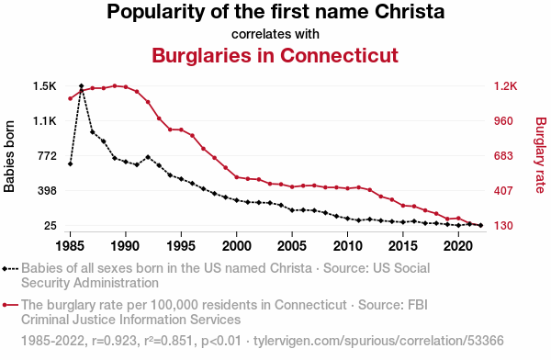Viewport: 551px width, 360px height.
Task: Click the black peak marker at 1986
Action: (82, 85)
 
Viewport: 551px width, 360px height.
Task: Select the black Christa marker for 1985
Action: (71, 163)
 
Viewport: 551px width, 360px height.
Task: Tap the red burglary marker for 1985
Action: (71, 98)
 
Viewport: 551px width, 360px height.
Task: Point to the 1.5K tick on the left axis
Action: (45, 86)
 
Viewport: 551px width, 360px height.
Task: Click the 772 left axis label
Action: (47, 156)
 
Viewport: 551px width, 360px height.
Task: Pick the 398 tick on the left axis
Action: (47, 190)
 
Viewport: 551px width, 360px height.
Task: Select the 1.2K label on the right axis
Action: (505, 86)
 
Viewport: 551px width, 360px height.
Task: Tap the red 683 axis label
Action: (503, 156)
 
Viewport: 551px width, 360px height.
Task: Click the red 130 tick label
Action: (503, 225)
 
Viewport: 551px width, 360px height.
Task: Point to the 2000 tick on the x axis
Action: (237, 246)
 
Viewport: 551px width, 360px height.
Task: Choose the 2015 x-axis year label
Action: (403, 246)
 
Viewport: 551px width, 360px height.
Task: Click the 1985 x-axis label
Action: (71, 246)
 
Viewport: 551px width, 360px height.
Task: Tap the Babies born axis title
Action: (9, 156)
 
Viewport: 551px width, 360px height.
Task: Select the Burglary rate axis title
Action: (541, 155)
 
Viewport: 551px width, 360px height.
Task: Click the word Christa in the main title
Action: (410, 12)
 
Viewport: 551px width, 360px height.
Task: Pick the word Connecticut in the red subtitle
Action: (339, 55)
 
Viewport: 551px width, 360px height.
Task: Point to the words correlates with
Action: (275, 34)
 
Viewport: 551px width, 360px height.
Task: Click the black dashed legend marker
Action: (10, 269)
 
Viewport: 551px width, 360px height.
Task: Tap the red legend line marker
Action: (10, 305)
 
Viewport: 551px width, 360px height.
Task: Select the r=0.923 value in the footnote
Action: (114, 341)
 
